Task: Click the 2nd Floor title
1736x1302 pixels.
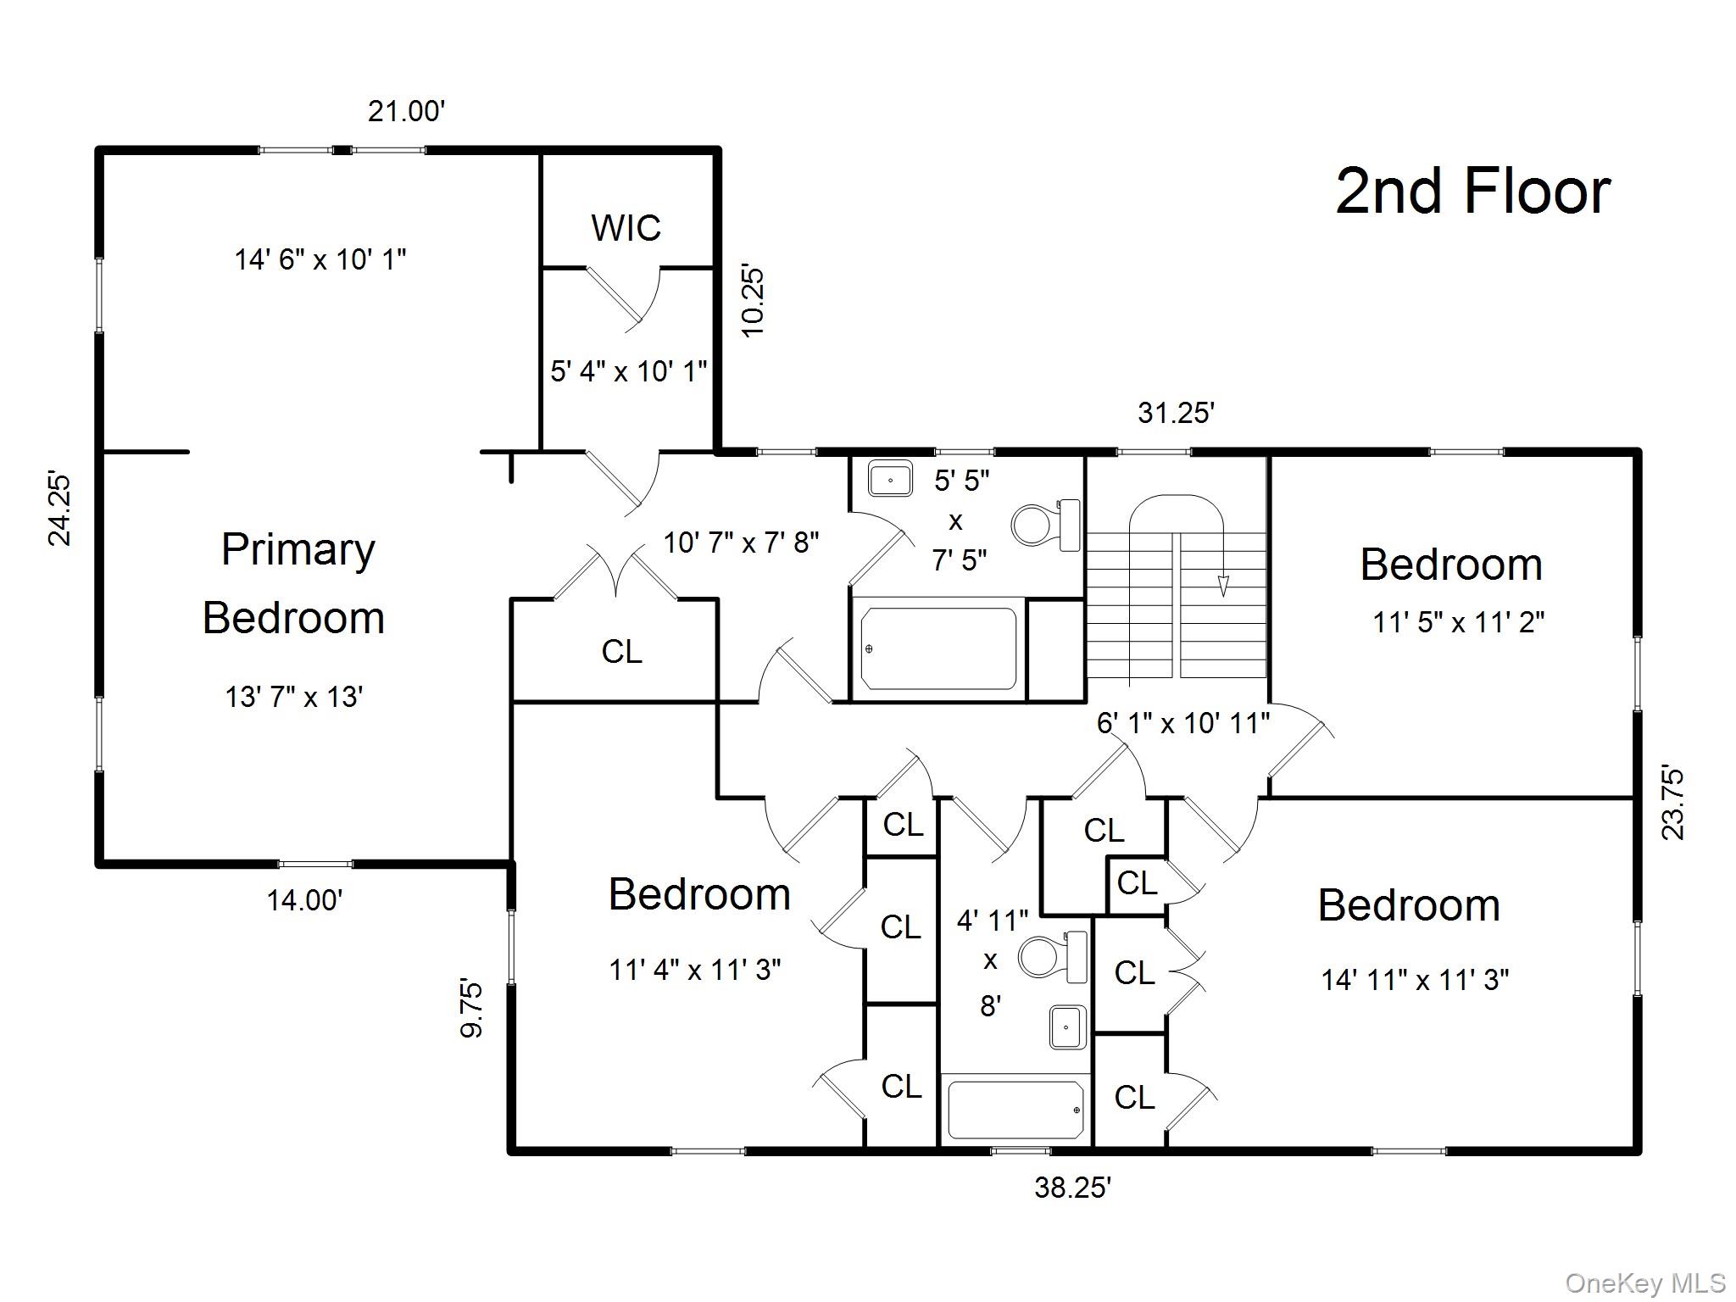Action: [x=1472, y=192]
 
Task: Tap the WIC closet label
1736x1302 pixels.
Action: [x=626, y=228]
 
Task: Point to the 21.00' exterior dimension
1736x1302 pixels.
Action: [x=406, y=111]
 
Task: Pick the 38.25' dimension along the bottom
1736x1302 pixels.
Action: [x=1072, y=1188]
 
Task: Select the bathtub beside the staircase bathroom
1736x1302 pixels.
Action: [x=938, y=648]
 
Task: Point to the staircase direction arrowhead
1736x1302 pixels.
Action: [x=1223, y=586]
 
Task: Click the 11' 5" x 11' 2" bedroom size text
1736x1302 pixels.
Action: [x=1458, y=623]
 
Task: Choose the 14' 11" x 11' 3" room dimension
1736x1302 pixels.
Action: [x=1415, y=980]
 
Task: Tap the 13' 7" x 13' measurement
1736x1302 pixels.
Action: [x=294, y=697]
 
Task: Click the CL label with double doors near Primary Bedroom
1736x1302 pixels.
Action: [x=621, y=651]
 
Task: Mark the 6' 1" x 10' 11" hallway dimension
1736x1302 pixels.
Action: [x=1182, y=723]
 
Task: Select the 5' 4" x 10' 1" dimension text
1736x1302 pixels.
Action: [x=628, y=371]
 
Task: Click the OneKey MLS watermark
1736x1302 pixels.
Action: [x=1644, y=1283]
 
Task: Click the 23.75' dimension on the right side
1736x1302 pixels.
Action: [x=1672, y=803]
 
